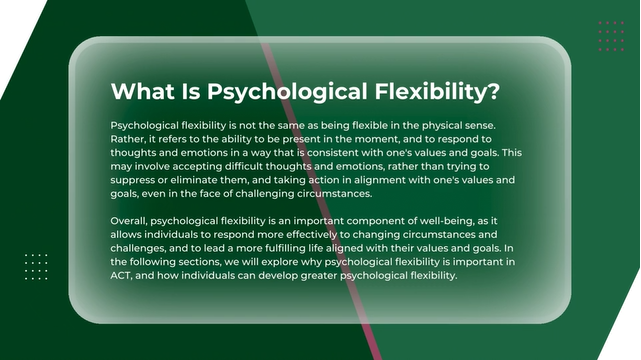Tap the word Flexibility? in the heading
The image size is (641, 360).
point(437,92)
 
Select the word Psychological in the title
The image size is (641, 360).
point(287,92)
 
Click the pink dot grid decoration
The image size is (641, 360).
point(611,36)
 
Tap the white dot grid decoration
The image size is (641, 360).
point(36,267)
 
